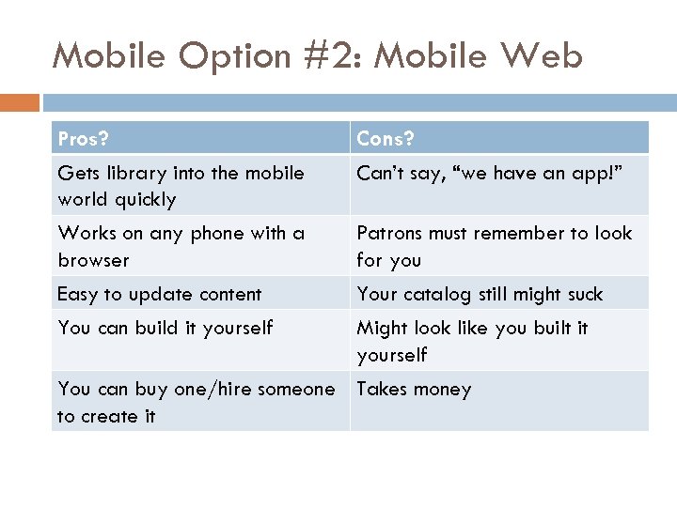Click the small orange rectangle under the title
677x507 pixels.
[19, 102]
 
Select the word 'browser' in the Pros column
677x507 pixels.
[93, 260]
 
